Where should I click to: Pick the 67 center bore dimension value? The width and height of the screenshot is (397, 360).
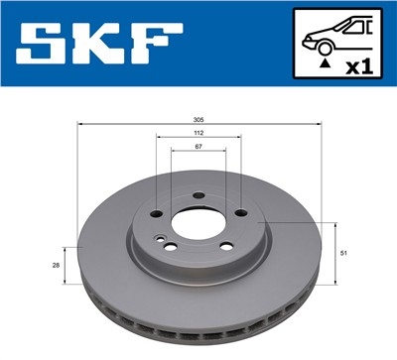coord(199,146)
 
